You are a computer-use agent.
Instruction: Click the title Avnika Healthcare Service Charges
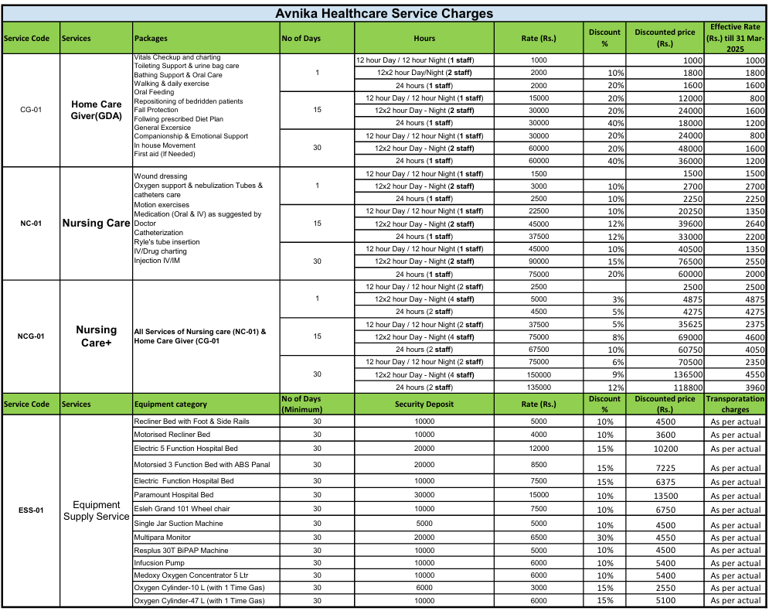point(384,13)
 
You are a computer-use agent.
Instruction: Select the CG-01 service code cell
point(30,109)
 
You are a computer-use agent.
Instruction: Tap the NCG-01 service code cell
point(31,336)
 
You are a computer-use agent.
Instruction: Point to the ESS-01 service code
point(31,510)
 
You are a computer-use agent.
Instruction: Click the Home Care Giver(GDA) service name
point(97,110)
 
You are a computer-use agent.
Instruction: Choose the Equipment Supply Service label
point(97,510)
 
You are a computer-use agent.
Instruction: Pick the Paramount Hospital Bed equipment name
point(174,495)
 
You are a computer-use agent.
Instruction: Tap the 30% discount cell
point(604,538)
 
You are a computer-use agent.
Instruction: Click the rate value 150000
point(539,374)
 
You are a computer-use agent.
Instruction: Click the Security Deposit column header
point(424,404)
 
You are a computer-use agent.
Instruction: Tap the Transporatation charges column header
point(735,404)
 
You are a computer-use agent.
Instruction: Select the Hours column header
point(424,38)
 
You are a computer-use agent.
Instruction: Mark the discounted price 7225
point(665,468)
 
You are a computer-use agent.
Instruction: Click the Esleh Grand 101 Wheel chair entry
point(182,509)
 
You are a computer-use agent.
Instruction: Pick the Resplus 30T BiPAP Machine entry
point(181,551)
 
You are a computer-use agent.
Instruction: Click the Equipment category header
point(170,404)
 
